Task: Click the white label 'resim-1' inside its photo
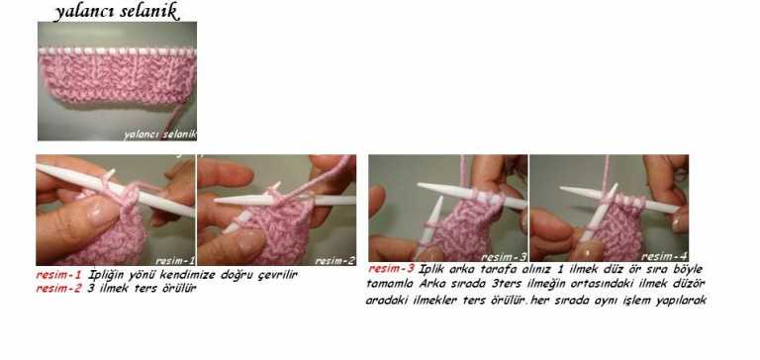173,259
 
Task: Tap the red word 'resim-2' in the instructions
58,288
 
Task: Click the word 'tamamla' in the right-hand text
391,284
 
